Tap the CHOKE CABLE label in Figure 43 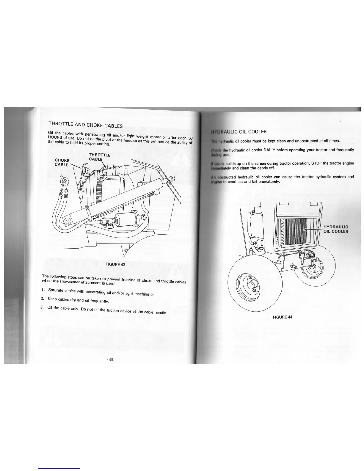click(x=62, y=162)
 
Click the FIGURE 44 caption click(x=283, y=317)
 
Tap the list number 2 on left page click(x=42, y=298)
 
